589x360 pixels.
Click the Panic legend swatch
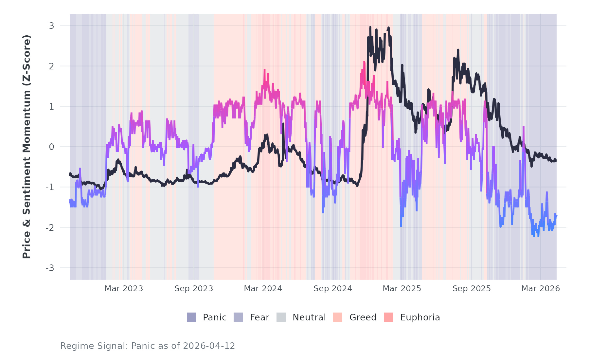191,317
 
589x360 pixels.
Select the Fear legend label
259,317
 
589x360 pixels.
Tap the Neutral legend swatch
281,317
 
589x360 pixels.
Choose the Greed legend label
363,317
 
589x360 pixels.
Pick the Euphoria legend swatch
388,317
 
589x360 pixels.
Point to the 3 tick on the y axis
51,26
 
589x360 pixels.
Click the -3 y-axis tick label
50,268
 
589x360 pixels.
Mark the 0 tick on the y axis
51,147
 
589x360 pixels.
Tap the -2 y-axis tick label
50,228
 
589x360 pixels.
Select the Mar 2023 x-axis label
124,289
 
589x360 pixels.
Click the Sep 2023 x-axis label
194,289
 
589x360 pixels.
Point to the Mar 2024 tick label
263,289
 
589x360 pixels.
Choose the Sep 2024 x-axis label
333,289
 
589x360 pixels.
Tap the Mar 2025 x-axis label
402,289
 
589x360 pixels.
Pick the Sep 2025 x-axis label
472,289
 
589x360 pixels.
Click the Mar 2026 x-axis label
541,289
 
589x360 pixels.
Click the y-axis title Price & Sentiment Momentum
27,147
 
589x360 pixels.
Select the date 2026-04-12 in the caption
209,346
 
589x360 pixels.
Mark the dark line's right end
556,160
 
